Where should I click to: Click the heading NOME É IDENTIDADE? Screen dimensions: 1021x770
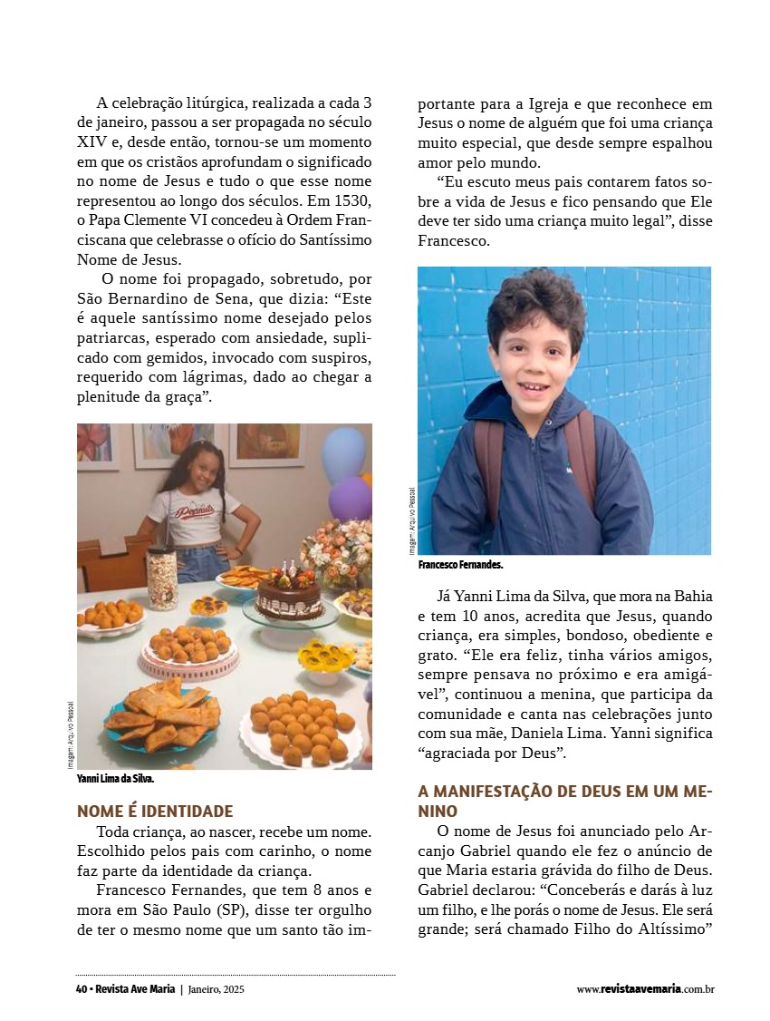155,812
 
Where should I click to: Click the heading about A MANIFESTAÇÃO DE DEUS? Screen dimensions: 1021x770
565,801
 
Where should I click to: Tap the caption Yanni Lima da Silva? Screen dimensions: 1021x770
115,779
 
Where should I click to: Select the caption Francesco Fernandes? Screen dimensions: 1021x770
460,565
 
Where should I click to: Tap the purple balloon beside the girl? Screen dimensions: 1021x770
350,499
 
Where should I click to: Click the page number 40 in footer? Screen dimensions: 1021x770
81,989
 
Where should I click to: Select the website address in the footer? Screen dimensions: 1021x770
645,989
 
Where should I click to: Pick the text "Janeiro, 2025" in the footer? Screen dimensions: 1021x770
217,989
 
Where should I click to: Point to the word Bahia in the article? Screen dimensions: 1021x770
691,597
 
